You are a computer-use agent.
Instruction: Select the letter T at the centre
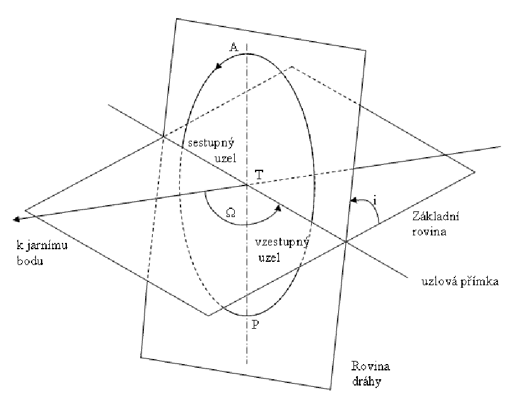[259, 174]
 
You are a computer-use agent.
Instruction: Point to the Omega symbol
[230, 213]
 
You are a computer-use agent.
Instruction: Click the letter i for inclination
[375, 201]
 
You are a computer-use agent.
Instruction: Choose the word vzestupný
[276, 243]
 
